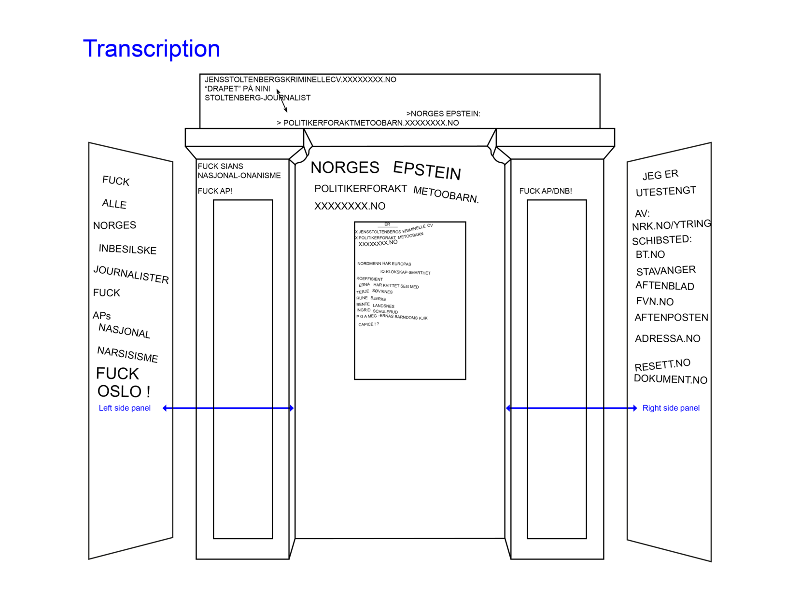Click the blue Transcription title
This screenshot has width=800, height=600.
click(x=151, y=49)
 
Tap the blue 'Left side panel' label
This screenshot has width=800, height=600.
click(x=125, y=408)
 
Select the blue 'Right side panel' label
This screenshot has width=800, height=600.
click(x=671, y=408)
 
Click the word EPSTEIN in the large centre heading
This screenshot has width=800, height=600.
click(x=427, y=170)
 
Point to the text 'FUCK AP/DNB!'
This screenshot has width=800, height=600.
click(x=545, y=191)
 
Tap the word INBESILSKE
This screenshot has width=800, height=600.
click(x=127, y=249)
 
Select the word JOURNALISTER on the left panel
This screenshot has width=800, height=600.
click(x=131, y=274)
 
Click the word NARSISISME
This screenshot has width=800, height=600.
click(x=127, y=354)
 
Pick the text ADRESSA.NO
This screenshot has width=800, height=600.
click(x=667, y=338)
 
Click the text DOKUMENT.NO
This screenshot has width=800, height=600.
click(x=670, y=379)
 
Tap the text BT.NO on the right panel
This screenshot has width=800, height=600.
click(x=650, y=254)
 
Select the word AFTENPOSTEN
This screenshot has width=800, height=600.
click(x=671, y=317)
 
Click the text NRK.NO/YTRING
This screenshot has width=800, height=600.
click(x=671, y=225)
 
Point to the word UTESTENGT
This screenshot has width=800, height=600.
click(x=665, y=192)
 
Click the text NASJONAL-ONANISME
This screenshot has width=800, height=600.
click(x=239, y=175)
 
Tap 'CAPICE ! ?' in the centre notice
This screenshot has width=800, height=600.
click(x=368, y=324)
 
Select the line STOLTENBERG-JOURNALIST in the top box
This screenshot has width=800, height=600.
click(x=257, y=98)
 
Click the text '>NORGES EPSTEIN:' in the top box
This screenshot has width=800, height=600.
click(x=443, y=113)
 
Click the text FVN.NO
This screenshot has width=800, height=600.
click(x=655, y=301)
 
